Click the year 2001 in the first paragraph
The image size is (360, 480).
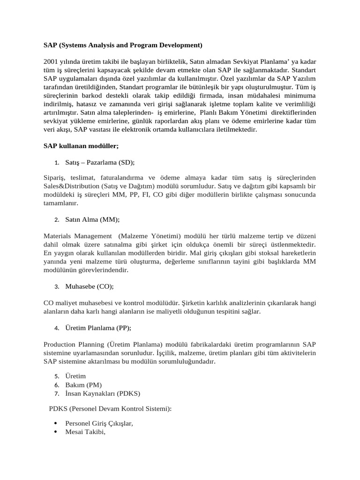pos(51,61)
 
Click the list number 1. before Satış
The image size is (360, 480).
pos(56,163)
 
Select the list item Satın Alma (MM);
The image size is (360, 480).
pos(93,219)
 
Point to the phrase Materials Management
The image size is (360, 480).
pos(78,236)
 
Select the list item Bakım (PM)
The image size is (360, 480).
pos(83,385)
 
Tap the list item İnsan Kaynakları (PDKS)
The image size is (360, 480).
pos(103,393)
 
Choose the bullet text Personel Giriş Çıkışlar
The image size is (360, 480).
pos(99,423)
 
